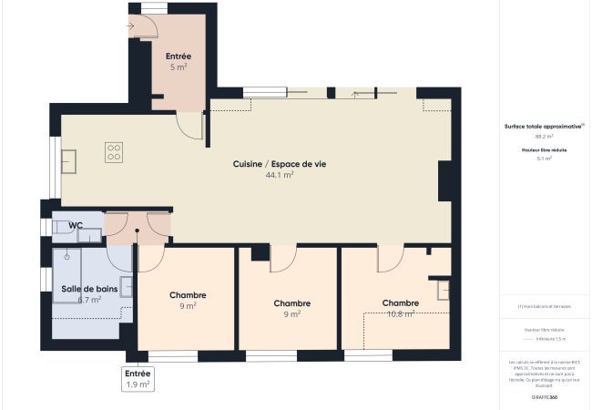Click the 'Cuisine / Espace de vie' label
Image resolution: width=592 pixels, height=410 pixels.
coord(280,163)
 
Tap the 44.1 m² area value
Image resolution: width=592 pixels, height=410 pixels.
coord(280,175)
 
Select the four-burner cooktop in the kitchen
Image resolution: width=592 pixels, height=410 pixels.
coord(114,152)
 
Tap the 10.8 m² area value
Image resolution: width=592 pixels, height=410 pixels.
coord(401,313)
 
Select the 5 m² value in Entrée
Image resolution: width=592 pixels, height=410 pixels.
coord(179,67)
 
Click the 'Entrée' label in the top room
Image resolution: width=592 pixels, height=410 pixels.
coord(179,56)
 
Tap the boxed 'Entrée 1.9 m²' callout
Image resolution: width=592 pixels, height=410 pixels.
coord(138,379)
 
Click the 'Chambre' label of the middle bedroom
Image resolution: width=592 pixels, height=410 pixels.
coord(292,303)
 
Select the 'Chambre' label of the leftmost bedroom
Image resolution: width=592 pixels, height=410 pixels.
coord(188,295)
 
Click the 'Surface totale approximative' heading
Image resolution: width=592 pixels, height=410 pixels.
coord(544,127)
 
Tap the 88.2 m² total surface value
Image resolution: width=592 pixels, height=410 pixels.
coord(544,136)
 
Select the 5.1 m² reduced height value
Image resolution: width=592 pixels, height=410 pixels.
coord(544,158)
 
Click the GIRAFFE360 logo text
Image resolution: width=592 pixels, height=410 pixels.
coord(545,397)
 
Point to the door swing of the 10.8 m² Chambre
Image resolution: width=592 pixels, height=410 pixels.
coord(391,258)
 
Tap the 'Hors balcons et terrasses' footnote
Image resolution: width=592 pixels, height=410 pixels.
coord(545,306)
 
